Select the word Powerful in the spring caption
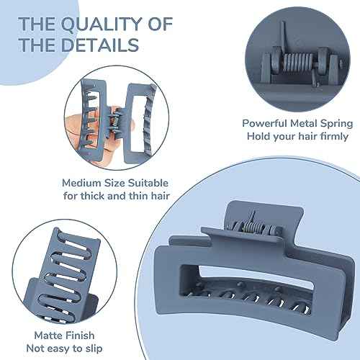[x=264, y=123]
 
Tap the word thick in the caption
[x=92, y=196]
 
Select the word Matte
[x=48, y=336]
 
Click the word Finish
[x=79, y=336]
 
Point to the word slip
[x=94, y=348]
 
